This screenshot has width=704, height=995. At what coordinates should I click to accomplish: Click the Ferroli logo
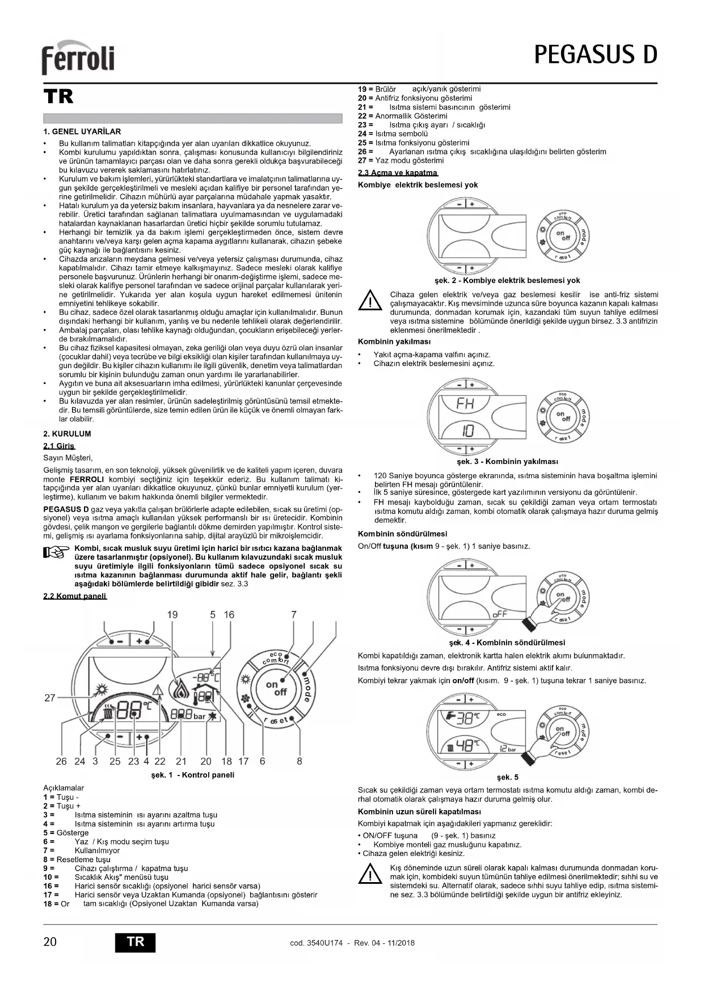pos(78,58)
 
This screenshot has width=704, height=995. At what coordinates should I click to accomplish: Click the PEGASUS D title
pos(595,55)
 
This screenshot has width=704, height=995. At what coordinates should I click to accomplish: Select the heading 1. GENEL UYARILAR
pos(82,132)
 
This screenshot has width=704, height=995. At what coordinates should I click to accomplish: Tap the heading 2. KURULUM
pos(67,434)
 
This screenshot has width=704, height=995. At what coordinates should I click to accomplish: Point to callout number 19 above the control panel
pos(172,614)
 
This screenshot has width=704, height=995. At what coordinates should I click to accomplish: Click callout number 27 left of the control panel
pos(49,698)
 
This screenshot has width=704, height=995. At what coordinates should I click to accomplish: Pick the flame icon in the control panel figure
pos(181,689)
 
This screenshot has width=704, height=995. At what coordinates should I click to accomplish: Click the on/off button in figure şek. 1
pos(276,688)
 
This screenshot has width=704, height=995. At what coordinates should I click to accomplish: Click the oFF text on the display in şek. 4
pos(500,614)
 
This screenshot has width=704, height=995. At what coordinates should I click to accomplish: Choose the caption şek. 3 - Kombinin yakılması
pos(507,462)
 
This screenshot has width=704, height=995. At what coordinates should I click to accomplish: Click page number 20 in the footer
pos(50,942)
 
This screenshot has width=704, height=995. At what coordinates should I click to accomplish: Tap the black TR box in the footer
pos(135,942)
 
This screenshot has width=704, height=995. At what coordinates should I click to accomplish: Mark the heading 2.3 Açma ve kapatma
pos(398,173)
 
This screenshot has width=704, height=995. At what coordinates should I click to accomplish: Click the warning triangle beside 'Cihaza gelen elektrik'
pos(370,300)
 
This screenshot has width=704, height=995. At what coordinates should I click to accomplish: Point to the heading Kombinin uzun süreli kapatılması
pos(419,812)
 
